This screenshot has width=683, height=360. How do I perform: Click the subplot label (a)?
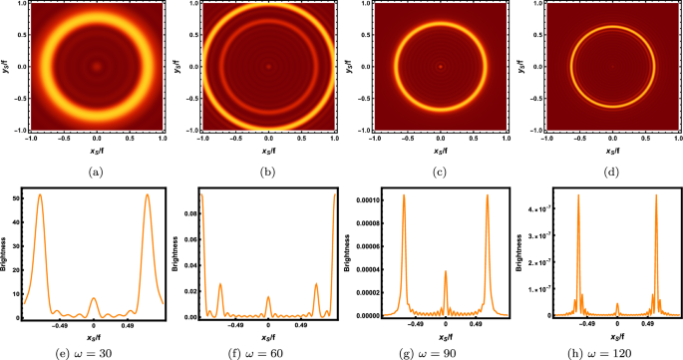[95, 172]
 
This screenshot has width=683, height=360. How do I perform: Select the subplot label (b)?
[266, 172]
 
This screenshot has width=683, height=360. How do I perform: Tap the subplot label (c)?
[438, 172]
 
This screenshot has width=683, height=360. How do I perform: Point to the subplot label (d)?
[609, 172]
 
